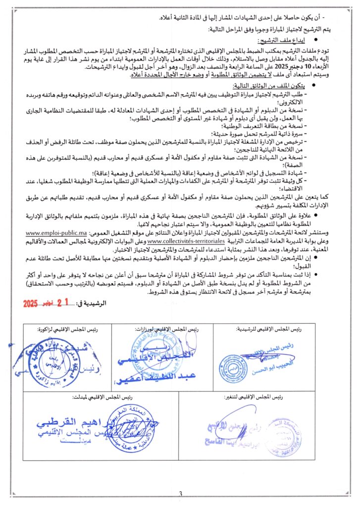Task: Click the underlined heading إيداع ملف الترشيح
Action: [x=277, y=40]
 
